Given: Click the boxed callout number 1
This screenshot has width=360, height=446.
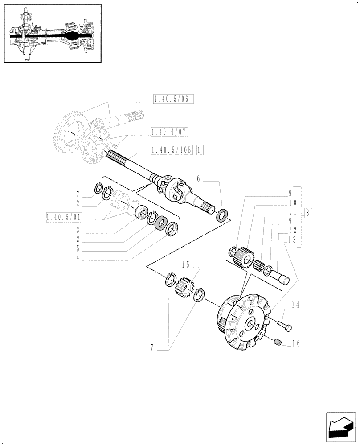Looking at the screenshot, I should point(200,150).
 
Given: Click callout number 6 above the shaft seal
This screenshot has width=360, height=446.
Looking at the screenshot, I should point(199,178).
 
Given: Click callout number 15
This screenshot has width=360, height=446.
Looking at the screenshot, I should point(186,264).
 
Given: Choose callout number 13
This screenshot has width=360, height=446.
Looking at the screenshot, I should point(291,239).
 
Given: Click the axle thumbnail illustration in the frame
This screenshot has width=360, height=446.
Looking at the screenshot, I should point(53,33).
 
